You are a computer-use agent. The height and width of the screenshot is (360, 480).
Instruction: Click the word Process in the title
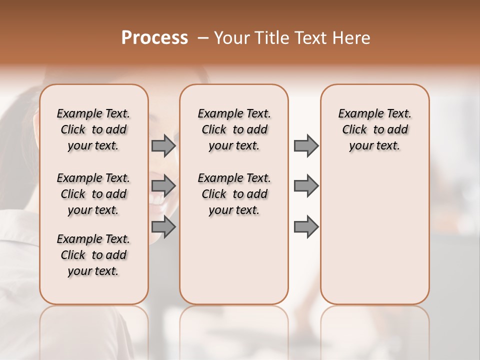click(x=154, y=38)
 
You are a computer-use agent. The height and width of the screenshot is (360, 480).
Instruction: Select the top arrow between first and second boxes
click(x=163, y=145)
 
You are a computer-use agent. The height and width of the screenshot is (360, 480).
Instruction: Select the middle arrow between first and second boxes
click(x=163, y=186)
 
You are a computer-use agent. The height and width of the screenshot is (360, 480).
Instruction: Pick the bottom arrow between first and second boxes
click(x=163, y=227)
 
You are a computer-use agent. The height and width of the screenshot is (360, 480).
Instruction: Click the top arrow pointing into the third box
click(x=305, y=145)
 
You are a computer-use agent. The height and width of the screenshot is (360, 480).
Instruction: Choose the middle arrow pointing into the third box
click(x=305, y=186)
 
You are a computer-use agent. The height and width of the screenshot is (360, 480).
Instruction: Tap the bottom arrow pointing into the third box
click(x=305, y=227)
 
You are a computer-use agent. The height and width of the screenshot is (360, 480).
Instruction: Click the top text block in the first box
click(x=93, y=129)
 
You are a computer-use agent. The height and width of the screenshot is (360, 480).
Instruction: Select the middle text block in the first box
click(x=93, y=194)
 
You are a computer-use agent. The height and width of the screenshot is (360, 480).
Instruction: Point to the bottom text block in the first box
click(x=93, y=255)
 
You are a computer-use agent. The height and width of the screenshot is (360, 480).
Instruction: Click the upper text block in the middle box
click(x=234, y=129)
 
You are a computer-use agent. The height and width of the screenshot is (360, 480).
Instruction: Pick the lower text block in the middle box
click(x=234, y=194)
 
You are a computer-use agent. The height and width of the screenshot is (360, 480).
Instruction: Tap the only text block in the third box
click(x=374, y=129)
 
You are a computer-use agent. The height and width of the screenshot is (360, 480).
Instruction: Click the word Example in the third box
click(x=357, y=114)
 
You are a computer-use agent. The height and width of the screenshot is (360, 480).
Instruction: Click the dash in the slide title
click(x=203, y=38)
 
